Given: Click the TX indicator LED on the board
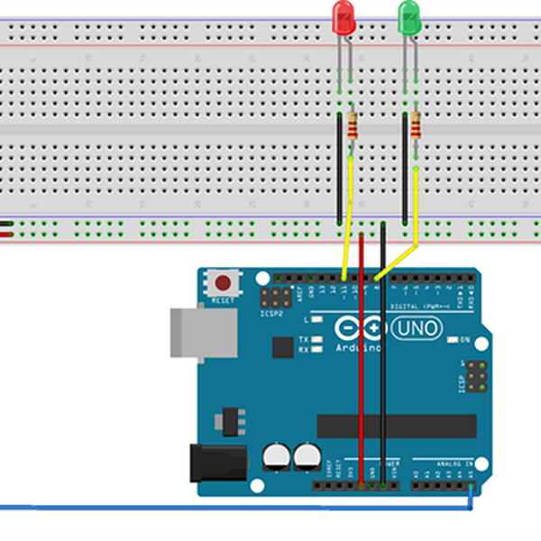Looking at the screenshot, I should [316, 340].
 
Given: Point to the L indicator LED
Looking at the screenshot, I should [316, 320].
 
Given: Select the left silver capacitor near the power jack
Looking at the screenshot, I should [276, 457].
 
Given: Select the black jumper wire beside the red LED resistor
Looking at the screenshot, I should [339, 167].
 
